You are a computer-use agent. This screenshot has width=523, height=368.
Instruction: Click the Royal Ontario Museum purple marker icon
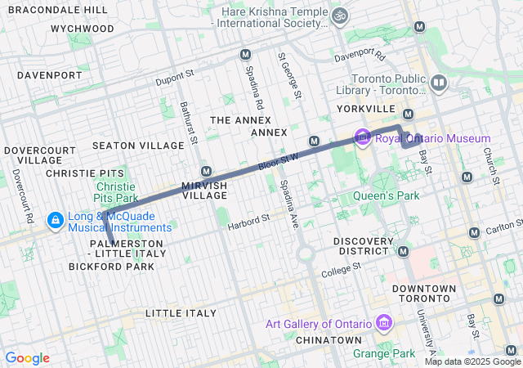coord(363,138)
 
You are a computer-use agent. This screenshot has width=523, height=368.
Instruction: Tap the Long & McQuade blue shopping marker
coord(56,220)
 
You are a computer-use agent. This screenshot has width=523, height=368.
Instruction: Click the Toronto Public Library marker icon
coord(439,83)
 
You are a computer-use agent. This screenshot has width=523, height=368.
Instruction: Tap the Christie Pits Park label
coord(110,192)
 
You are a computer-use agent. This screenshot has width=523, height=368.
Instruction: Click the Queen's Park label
coord(386,195)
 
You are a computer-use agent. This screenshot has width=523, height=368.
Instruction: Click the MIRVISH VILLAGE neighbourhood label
coord(204,190)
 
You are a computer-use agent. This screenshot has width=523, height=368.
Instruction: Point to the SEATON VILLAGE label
coord(138,146)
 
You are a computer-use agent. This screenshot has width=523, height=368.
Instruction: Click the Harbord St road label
coord(248,221)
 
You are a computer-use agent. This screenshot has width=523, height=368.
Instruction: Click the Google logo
coord(27,358)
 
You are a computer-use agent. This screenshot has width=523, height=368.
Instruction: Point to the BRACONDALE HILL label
coord(57,10)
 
